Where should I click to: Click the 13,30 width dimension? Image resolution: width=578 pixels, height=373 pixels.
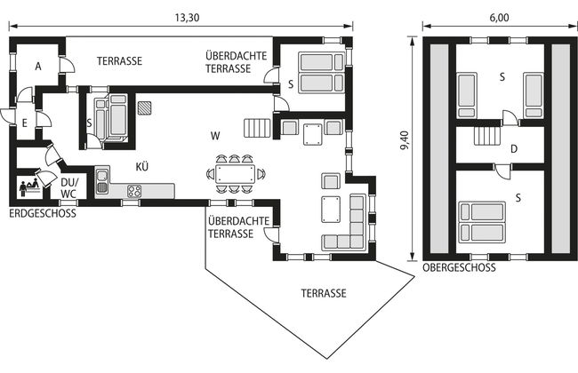[x=187, y=18]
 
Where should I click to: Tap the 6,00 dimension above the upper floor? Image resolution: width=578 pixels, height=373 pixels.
[x=500, y=18]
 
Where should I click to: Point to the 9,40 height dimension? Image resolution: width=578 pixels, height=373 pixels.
[x=405, y=140]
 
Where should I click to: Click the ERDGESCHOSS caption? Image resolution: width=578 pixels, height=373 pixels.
[x=43, y=213]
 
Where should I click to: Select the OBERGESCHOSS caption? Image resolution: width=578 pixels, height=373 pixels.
[x=459, y=267]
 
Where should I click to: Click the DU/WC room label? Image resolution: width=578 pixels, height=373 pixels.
[x=69, y=187]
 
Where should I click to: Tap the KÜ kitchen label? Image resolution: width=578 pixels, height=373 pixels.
[x=142, y=167]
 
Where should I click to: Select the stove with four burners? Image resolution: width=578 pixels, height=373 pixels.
[x=134, y=191]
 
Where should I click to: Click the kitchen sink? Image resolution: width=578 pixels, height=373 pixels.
[x=102, y=181]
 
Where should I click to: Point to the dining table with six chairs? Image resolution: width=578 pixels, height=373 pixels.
[x=235, y=174]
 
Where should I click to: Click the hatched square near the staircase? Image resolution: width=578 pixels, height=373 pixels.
[x=144, y=108]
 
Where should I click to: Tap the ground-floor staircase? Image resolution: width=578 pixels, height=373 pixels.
[x=257, y=128]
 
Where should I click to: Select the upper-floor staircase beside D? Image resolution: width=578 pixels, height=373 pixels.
[x=487, y=136]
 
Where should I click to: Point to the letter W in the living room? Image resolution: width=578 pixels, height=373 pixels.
[x=215, y=136]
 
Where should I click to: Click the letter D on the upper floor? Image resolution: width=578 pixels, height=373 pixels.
[x=514, y=149]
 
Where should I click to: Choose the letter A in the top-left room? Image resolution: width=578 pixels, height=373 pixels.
[x=38, y=67]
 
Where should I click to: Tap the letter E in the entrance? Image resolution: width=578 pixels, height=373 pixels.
[x=25, y=123]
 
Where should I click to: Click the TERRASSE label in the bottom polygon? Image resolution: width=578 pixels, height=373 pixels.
[x=324, y=293]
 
